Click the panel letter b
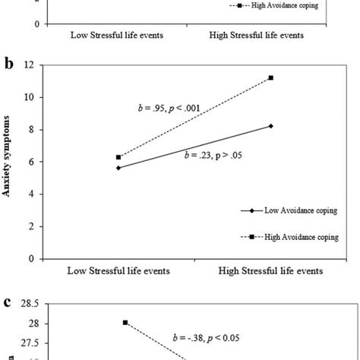click(8, 65)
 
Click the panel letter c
click(8, 302)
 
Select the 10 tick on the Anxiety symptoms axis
click(30, 97)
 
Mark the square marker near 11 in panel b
click(270, 77)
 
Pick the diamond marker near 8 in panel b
click(270, 126)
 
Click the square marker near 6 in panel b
click(118, 157)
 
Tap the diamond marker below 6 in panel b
click(118, 168)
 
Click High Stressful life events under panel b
click(270, 270)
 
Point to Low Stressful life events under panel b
click(118, 270)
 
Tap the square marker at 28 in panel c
click(125, 323)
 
